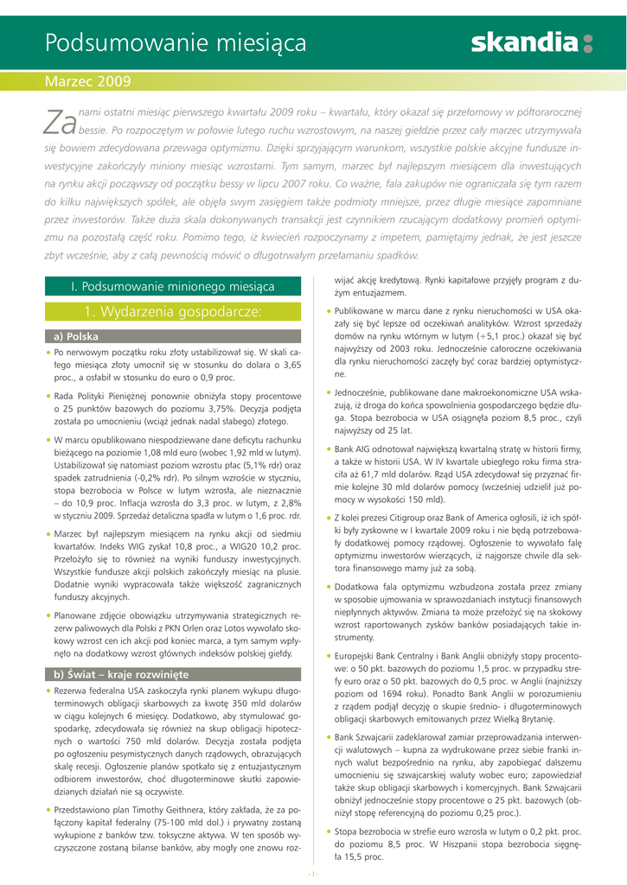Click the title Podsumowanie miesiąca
coord(176,42)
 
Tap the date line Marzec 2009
coord(87,82)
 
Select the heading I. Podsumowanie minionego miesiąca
coord(172,286)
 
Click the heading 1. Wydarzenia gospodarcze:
coord(172,311)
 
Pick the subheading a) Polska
coord(76,336)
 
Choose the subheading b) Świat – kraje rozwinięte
coord(120,674)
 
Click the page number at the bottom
coord(313,874)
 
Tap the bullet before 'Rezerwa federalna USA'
coord(48,691)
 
